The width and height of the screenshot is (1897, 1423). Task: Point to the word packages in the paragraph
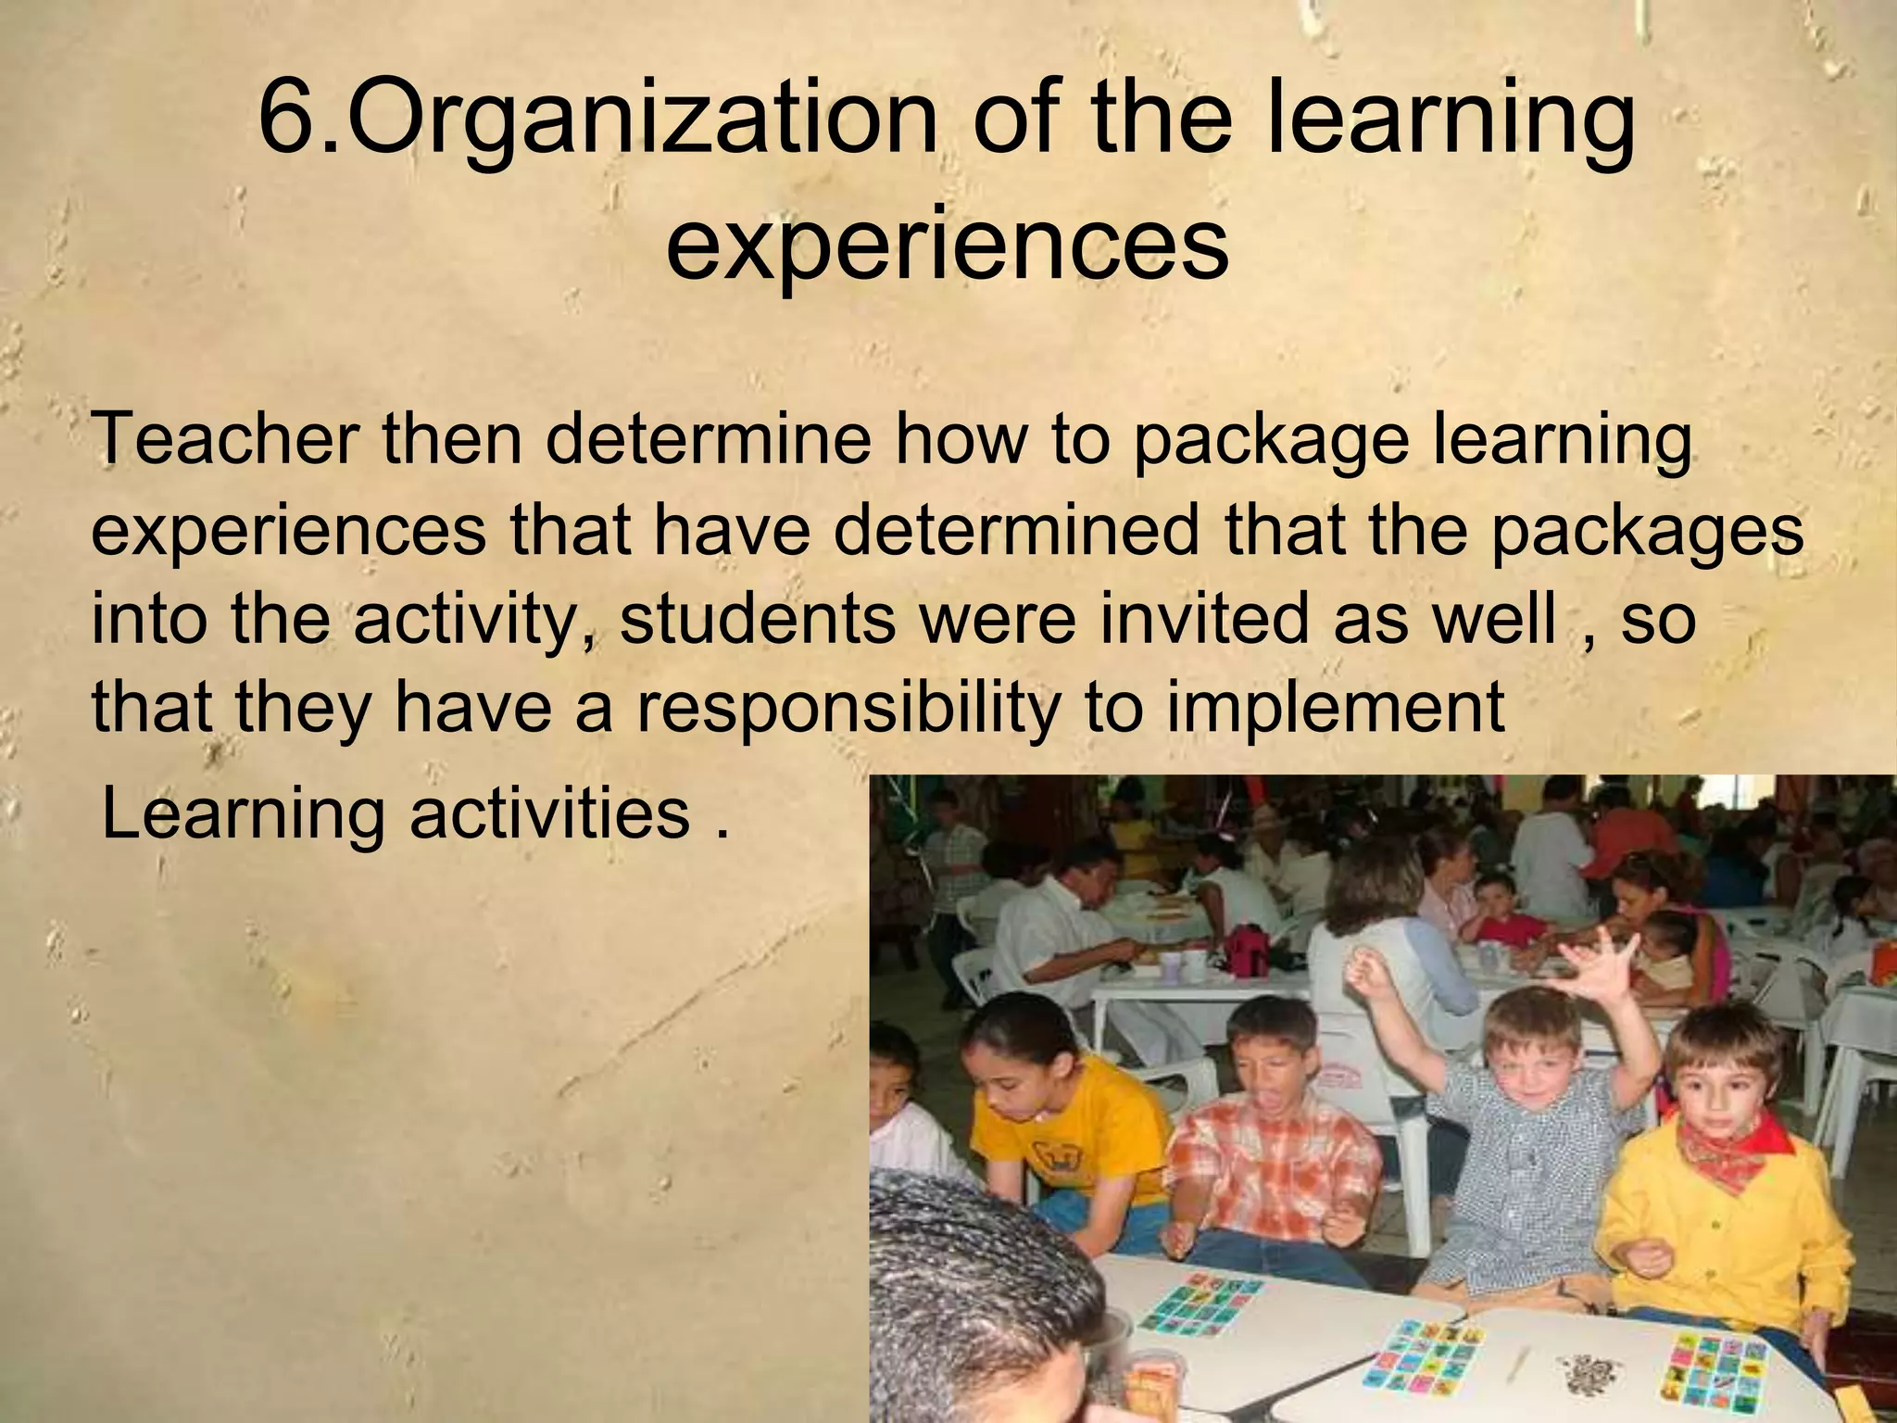(1647, 532)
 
